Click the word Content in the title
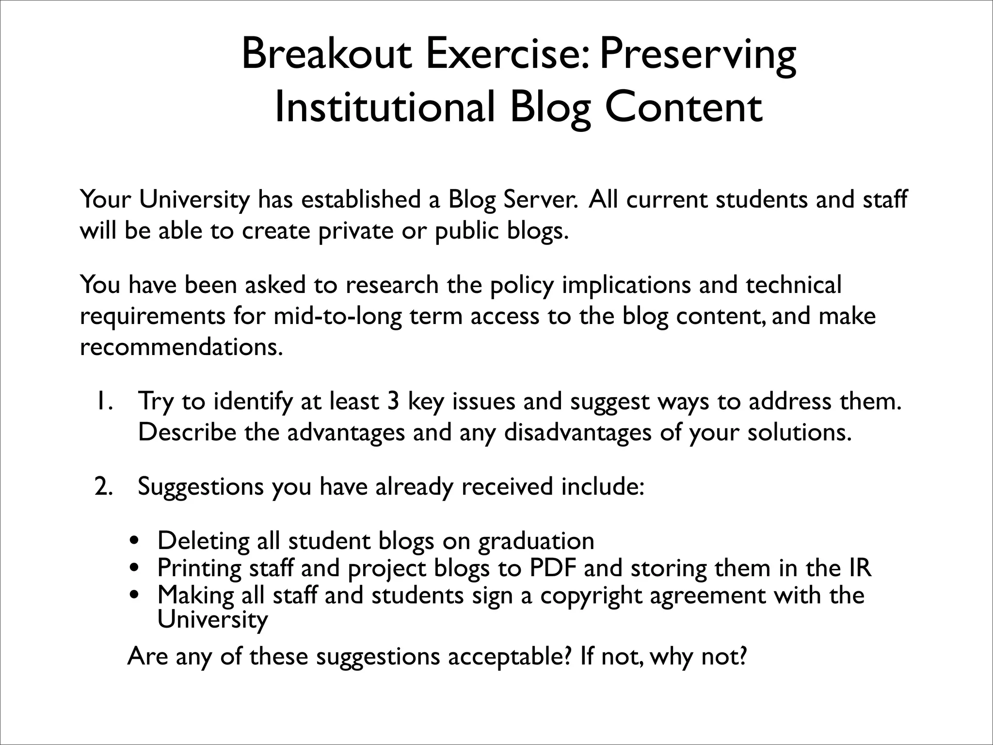pos(684,108)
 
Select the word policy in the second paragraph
pos(522,285)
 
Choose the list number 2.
pos(104,486)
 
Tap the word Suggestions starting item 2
pos(200,486)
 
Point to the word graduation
pos(536,541)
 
